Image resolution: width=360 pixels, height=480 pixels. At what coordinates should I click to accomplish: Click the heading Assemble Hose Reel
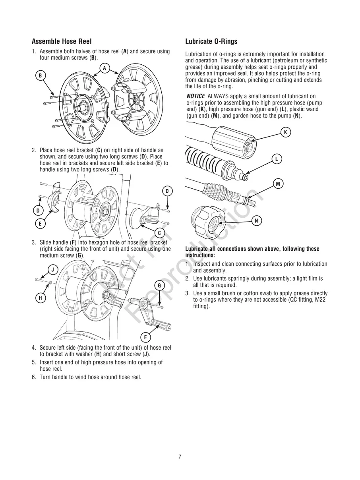pos(62,41)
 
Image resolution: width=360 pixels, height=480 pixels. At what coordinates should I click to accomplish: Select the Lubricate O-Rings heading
pos(211,41)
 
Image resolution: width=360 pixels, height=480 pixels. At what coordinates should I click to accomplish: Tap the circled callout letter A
pos(105,68)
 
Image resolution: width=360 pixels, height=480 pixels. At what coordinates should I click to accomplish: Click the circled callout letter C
pos(159,233)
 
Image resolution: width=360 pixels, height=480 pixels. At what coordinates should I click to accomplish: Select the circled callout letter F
pos(145,337)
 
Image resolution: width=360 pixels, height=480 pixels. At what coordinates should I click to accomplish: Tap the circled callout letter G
pos(159,285)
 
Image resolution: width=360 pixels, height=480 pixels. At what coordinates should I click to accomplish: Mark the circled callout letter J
pos(53,270)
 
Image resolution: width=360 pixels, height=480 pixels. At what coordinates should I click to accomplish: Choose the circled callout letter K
pos(285,132)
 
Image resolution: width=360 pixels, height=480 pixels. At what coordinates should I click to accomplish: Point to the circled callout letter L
pos(276,159)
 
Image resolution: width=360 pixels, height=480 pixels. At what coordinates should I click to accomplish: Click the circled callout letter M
pos(278,184)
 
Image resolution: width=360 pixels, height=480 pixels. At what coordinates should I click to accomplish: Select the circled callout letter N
pos(257,221)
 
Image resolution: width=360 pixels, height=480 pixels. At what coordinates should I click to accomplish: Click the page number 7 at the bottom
pos(180,457)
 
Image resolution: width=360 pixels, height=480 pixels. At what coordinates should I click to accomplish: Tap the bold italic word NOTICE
pos(195,97)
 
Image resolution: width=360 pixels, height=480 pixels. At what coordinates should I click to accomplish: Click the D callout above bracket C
pos(167,191)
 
